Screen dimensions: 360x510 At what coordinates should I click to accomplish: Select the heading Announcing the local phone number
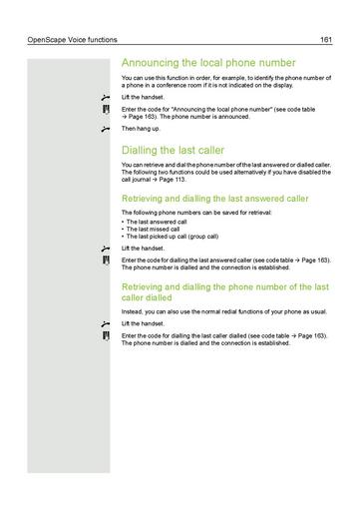point(207,62)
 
